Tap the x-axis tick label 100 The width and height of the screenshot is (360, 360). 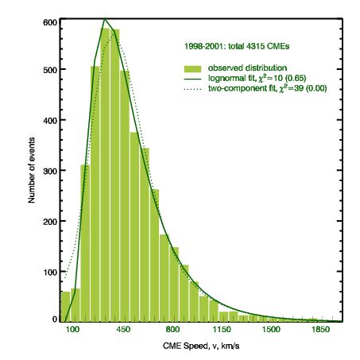tap(72, 329)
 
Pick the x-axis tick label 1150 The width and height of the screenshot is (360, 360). tap(220, 329)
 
